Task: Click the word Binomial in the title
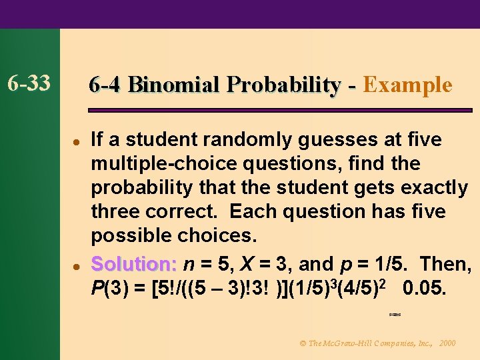(174, 85)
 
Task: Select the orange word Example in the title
(408, 85)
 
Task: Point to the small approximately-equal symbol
(394, 313)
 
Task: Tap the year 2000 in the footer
(448, 343)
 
